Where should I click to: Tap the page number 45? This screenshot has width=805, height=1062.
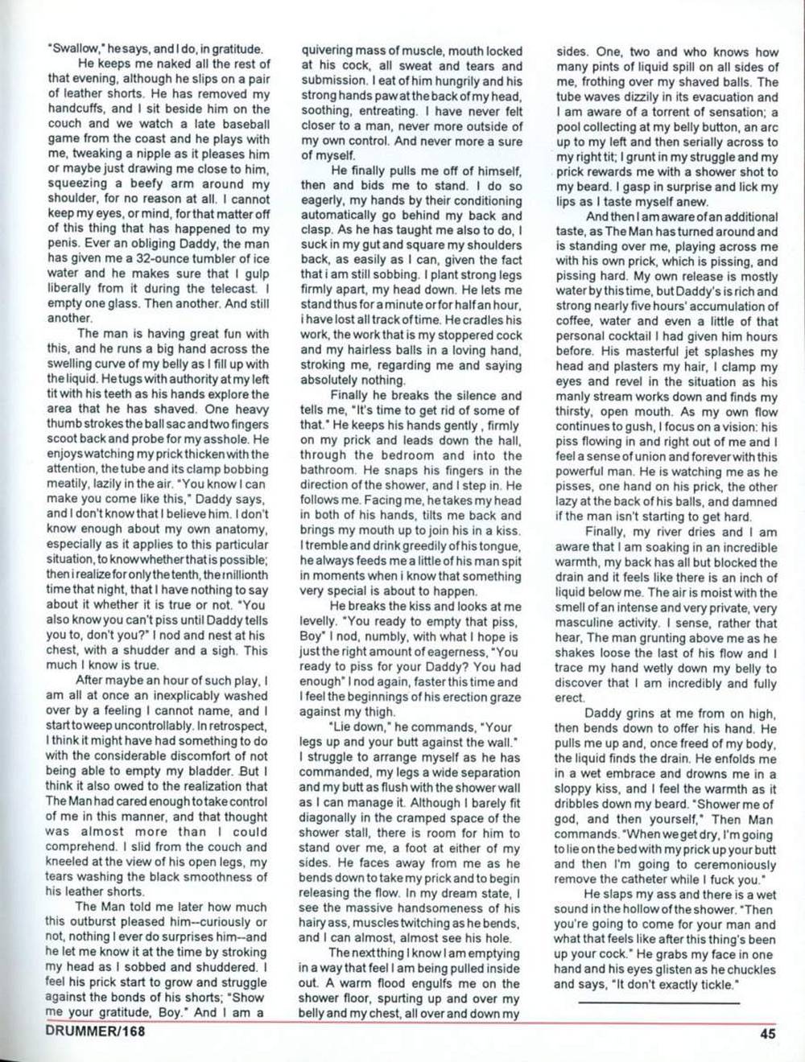tap(767, 1035)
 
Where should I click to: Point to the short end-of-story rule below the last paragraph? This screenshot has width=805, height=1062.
tap(658, 1002)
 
